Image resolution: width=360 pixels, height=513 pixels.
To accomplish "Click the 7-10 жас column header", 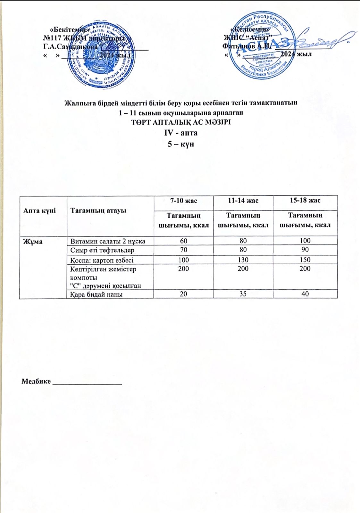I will [x=183, y=201].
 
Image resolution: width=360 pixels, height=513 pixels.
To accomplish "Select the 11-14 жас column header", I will [x=243, y=201].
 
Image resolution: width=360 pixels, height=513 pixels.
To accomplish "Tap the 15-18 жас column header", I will [x=305, y=201].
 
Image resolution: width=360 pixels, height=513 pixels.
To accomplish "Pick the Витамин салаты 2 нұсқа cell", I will [x=108, y=241].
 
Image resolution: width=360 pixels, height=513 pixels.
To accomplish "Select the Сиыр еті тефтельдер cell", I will [x=102, y=250].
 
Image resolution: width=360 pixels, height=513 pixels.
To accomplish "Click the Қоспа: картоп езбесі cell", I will [x=102, y=260].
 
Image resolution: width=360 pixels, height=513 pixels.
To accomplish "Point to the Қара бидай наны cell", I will [x=96, y=294].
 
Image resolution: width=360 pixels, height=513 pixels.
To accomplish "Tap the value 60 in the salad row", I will [x=183, y=241].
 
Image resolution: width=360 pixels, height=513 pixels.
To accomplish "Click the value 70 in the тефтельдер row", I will [x=183, y=250].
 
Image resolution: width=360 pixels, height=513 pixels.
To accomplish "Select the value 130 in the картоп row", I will [x=243, y=260].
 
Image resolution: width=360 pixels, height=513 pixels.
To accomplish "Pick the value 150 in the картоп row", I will [x=305, y=260].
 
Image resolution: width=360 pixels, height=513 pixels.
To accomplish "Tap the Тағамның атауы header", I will [x=98, y=211].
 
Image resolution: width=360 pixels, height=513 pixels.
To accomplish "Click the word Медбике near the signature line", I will [x=36, y=381].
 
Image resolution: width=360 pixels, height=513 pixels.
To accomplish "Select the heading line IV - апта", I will [x=181, y=132].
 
